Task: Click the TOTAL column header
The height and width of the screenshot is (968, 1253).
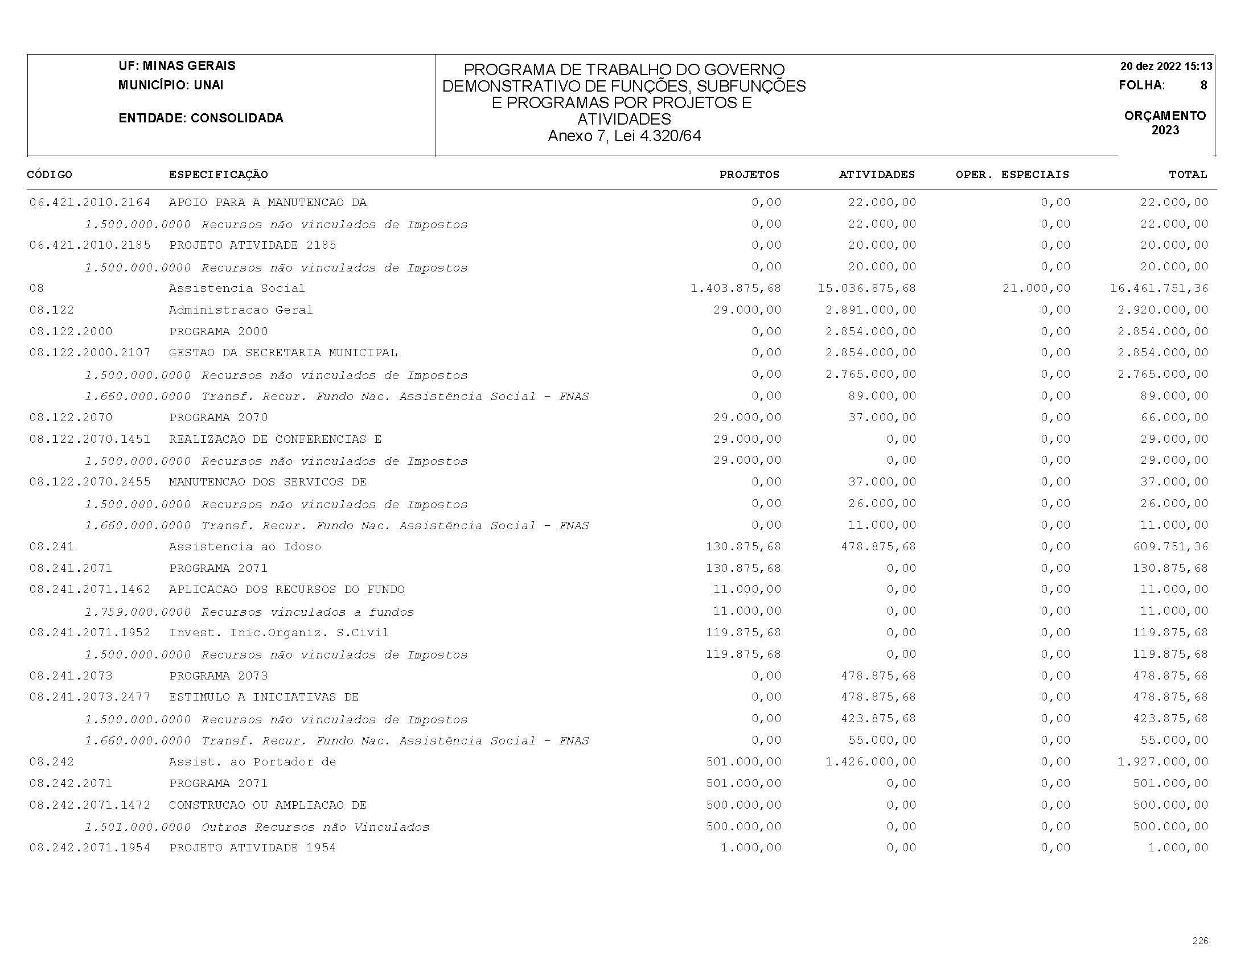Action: coord(1188,174)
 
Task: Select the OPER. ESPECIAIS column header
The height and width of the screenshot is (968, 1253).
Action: coord(1012,174)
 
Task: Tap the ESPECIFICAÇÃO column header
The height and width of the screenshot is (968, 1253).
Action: coord(218,174)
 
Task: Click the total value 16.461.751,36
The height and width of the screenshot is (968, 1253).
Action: coord(1159,288)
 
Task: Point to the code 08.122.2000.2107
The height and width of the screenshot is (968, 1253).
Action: coord(89,353)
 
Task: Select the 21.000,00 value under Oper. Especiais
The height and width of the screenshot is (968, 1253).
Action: coord(1036,288)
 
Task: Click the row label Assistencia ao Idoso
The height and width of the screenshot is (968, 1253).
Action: coord(245,546)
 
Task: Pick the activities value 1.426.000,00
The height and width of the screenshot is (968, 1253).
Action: coord(870,761)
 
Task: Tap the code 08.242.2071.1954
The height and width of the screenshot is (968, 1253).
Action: coord(89,847)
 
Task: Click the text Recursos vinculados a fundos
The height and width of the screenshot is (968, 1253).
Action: coord(307,612)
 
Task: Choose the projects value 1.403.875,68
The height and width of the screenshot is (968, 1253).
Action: coord(736,288)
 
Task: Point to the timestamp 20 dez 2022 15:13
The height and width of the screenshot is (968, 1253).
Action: coord(1166,67)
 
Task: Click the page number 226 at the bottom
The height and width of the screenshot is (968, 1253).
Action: coord(1199,941)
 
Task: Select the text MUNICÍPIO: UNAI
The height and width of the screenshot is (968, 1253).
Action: coord(170,85)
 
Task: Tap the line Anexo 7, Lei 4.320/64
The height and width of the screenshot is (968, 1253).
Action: coord(624,136)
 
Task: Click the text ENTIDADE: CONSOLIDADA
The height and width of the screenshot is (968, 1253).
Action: coord(201,118)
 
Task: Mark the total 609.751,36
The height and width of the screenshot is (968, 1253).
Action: coord(1170,546)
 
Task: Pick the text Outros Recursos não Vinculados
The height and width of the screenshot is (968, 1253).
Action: coord(315,827)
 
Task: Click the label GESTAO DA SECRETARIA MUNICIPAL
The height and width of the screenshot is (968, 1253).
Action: coord(283,353)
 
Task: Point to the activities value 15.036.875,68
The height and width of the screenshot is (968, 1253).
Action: coord(866,288)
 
